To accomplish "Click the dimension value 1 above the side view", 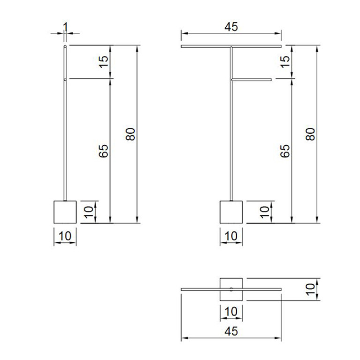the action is pyautogui.click(x=65, y=27).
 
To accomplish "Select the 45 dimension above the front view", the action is pyautogui.click(x=231, y=27).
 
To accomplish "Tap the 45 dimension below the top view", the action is pyautogui.click(x=231, y=331).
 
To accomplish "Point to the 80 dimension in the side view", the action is pyautogui.click(x=130, y=134).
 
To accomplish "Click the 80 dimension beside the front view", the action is pyautogui.click(x=310, y=134).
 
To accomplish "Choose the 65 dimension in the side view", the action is pyautogui.click(x=104, y=151).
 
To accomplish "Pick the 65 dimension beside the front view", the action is pyautogui.click(x=285, y=151).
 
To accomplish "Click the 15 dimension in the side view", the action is pyautogui.click(x=104, y=61).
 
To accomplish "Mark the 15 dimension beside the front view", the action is pyautogui.click(x=285, y=61).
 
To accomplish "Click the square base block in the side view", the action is pyautogui.click(x=65, y=212).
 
